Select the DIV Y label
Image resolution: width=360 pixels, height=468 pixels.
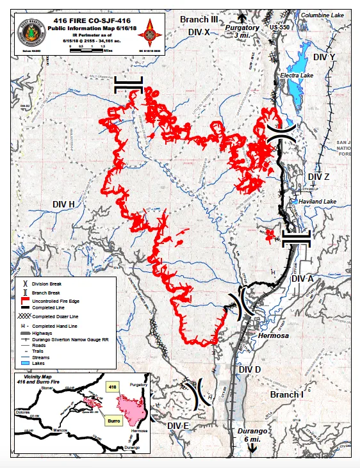pos(325,57)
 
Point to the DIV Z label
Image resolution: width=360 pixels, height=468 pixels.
pos(318,177)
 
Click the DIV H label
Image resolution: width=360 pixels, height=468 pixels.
pos(64,204)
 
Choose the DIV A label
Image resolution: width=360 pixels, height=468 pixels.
pos(302,279)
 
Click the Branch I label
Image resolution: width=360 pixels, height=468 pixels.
pos(286,395)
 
